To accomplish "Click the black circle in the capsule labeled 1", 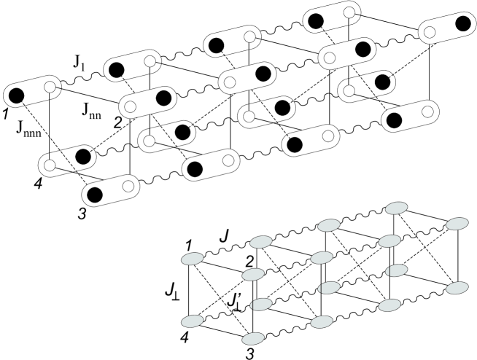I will click(x=17, y=94).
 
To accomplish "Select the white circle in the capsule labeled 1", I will click(x=50, y=87).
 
